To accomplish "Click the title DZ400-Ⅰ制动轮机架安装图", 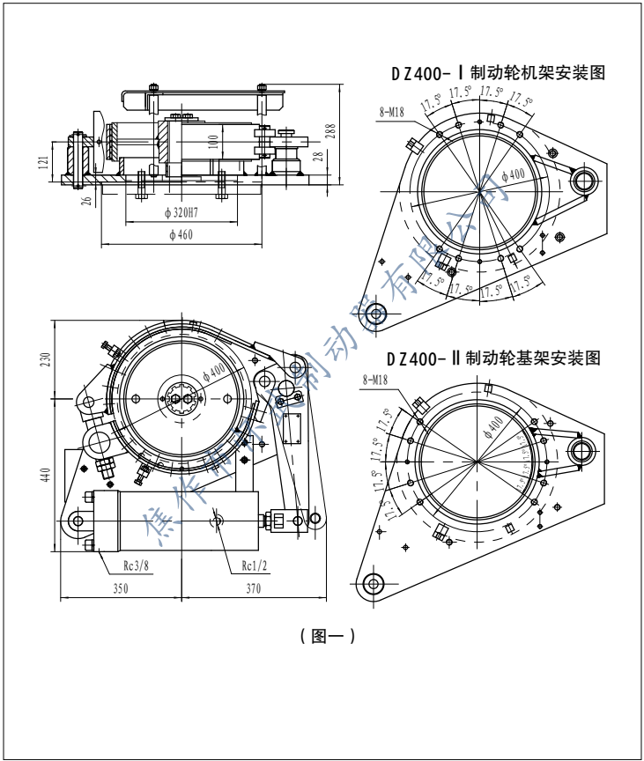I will click(499, 73).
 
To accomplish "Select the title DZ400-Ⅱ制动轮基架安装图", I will click(494, 358).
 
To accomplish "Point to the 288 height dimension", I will click(330, 130).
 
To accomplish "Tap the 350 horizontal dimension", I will click(120, 589).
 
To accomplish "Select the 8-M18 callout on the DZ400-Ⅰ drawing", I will click(391, 112).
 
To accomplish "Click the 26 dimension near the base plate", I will click(86, 200).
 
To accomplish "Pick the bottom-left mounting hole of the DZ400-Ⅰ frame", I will click(375, 313).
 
